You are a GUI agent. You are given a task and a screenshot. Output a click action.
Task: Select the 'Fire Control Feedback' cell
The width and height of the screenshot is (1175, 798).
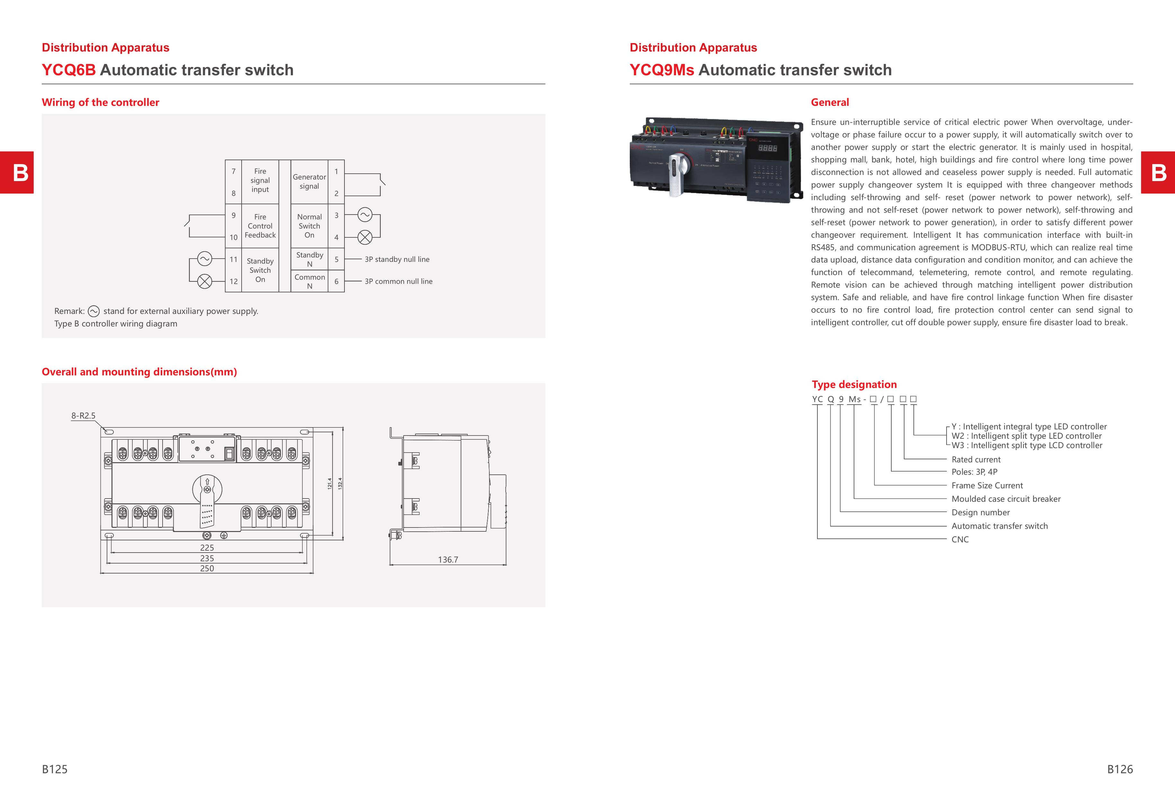[260, 226]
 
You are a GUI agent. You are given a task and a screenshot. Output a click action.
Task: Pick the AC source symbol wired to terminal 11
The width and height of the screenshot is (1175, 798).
[204, 259]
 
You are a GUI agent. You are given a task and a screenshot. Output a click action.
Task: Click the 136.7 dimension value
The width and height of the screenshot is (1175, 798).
[448, 560]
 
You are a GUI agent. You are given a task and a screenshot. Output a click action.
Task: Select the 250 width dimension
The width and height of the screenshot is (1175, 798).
[207, 568]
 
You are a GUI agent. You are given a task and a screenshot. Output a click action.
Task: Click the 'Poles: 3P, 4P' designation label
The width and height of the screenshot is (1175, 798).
[974, 472]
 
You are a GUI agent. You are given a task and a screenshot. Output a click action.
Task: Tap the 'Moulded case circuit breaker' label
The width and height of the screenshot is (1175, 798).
[1006, 499]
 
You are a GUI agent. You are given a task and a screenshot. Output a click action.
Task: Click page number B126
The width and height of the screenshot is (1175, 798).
[1119, 769]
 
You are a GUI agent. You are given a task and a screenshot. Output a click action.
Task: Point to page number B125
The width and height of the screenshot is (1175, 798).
[55, 769]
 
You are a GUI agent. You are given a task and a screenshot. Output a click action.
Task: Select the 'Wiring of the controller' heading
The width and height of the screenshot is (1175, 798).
[100, 102]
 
